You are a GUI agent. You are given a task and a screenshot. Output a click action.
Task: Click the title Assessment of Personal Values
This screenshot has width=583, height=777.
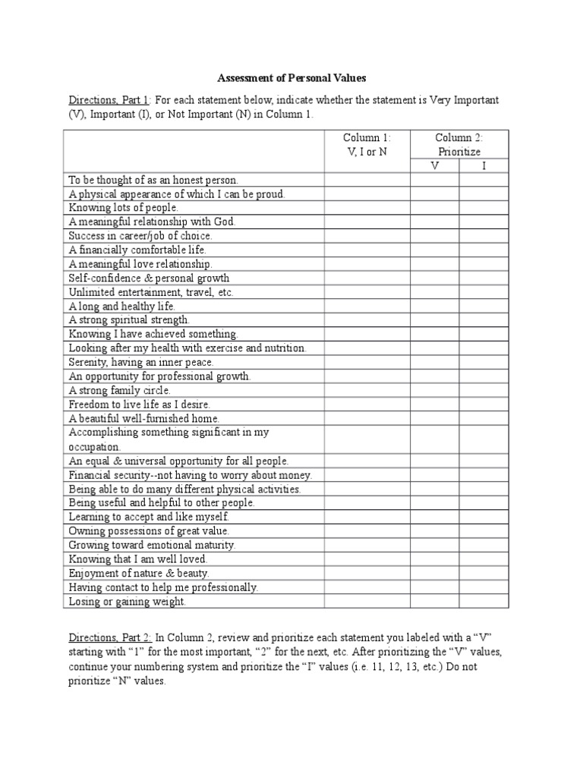pos(292,78)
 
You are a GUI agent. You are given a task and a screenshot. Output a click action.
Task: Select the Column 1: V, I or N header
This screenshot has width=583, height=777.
pos(367,145)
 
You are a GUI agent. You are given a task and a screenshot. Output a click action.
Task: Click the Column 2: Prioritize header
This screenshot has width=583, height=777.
pos(459,145)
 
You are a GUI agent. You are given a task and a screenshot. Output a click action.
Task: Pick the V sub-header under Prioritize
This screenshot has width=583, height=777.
pos(434,165)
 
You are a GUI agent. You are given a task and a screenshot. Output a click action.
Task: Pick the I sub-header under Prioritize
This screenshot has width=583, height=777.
pos(484,165)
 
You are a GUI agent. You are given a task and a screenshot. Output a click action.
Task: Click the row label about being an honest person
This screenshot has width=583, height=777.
pos(153,180)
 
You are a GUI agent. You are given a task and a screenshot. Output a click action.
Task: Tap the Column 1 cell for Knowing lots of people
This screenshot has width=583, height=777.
pos(367,207)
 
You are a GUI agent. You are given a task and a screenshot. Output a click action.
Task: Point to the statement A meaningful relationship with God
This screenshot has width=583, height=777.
pos(153,222)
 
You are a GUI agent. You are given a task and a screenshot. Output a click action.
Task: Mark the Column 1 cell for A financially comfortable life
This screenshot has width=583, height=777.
pos(367,250)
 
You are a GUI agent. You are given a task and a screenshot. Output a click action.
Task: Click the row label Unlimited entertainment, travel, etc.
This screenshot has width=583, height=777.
pos(152,292)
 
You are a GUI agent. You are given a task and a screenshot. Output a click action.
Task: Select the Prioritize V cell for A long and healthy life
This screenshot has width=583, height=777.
pos(434,306)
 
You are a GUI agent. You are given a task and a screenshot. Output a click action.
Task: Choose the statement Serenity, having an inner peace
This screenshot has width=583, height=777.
pos(141,362)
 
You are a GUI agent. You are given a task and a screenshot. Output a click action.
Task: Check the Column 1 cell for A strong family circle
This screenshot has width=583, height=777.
pos(367,390)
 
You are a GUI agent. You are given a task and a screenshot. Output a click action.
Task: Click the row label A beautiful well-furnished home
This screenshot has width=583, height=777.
pos(144,418)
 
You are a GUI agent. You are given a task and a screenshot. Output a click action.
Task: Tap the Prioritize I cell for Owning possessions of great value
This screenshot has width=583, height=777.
pos(484,531)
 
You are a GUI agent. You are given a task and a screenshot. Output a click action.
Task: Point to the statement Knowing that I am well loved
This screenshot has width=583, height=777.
pos(137,559)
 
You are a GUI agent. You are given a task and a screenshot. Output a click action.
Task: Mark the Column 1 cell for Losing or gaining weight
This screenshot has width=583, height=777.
pos(367,601)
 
